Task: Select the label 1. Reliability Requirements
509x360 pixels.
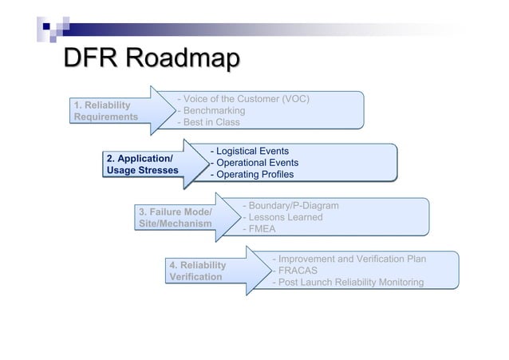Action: pyautogui.click(x=105, y=111)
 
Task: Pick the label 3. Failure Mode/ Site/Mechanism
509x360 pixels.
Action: pyautogui.click(x=175, y=218)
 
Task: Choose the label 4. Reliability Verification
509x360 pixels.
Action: pyautogui.click(x=197, y=271)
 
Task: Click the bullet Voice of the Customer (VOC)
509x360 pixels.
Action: pyautogui.click(x=243, y=99)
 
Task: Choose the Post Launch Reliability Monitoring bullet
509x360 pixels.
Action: pyautogui.click(x=348, y=283)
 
